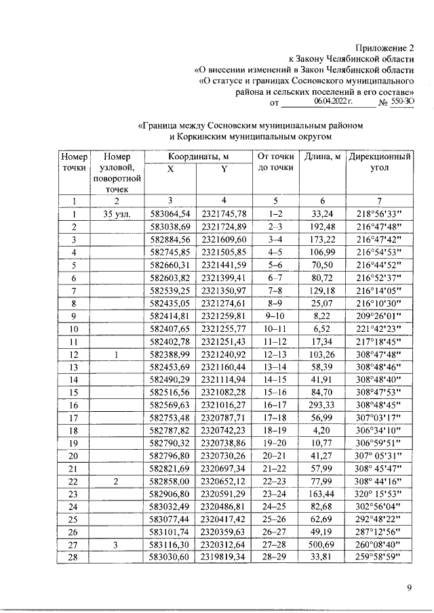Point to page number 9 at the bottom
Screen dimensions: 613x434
[410, 588]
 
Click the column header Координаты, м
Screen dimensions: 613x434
[197, 156]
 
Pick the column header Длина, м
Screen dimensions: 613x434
[322, 156]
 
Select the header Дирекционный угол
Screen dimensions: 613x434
[380, 163]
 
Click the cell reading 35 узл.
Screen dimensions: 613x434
[117, 214]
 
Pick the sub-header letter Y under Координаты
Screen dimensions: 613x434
[223, 170]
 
